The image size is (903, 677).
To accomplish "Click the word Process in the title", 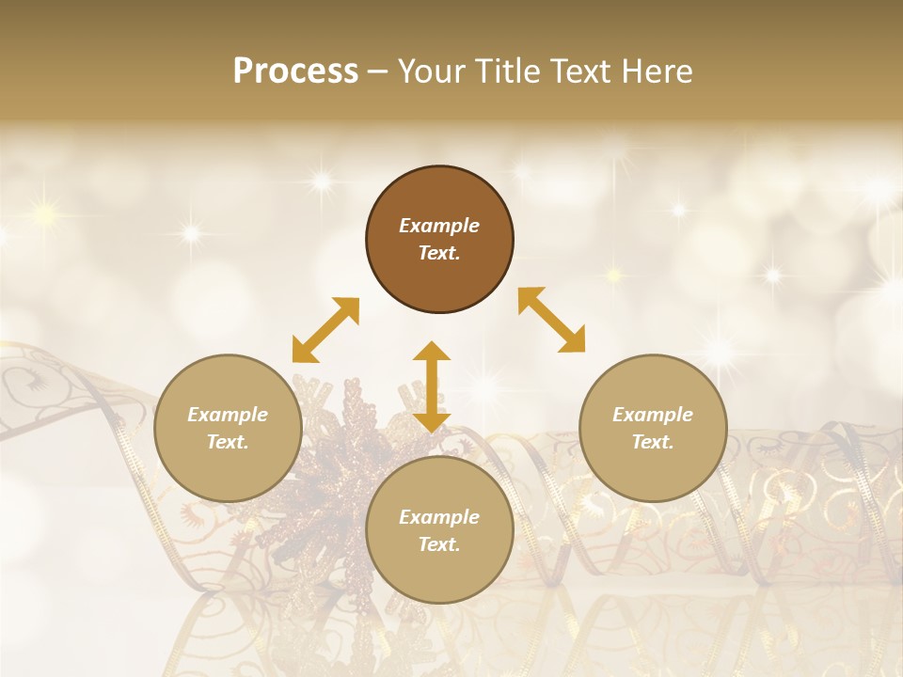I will [295, 71].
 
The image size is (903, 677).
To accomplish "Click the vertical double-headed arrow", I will [432, 386].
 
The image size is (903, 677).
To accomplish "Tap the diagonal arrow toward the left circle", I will [325, 330].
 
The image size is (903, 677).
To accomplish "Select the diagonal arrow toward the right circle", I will [551, 320].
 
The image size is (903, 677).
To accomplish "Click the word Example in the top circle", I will [439, 226].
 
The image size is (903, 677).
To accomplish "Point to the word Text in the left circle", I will [228, 442].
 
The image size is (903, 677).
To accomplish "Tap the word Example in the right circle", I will [653, 415].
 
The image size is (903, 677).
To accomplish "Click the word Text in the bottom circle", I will [439, 544].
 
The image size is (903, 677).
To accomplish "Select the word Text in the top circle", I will [439, 253].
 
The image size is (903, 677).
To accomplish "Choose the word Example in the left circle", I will [228, 415].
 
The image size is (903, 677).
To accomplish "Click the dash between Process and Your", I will [377, 71].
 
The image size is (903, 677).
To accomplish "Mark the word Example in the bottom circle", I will [439, 517].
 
